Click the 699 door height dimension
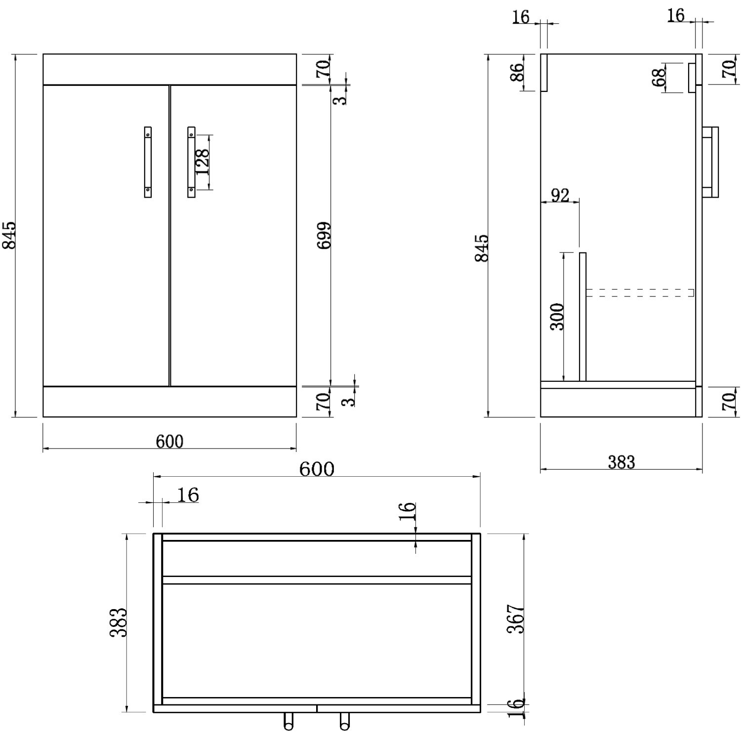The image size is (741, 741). pyautogui.click(x=324, y=236)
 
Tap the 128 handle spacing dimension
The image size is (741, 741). pyautogui.click(x=202, y=162)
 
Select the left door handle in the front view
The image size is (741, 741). pyautogui.click(x=148, y=162)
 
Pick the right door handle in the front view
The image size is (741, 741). pyautogui.click(x=191, y=162)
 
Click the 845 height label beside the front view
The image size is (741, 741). pyautogui.click(x=9, y=235)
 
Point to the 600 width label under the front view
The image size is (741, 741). pyautogui.click(x=169, y=441)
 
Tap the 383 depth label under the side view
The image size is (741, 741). pyautogui.click(x=621, y=462)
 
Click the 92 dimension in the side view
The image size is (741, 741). pyautogui.click(x=560, y=196)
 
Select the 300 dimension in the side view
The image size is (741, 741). pyautogui.click(x=557, y=317)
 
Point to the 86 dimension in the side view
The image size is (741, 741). pyautogui.click(x=517, y=73)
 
